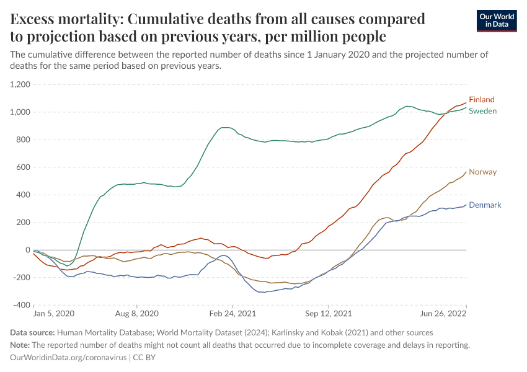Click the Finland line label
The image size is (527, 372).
click(481, 99)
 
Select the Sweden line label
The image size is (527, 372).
click(482, 110)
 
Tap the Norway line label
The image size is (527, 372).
click(482, 172)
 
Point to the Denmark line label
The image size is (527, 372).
click(485, 205)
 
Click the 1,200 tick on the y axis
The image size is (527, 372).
click(20, 84)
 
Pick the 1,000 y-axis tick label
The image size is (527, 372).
click(20, 112)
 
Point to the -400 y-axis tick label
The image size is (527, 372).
click(22, 305)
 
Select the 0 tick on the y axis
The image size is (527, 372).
click(28, 250)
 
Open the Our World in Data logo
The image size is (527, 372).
click(497, 20)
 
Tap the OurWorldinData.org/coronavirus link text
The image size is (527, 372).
click(68, 358)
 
